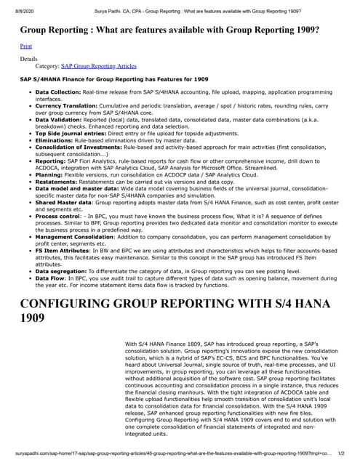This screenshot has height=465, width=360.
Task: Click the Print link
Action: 25,46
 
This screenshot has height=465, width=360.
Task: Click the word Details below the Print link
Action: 28,57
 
